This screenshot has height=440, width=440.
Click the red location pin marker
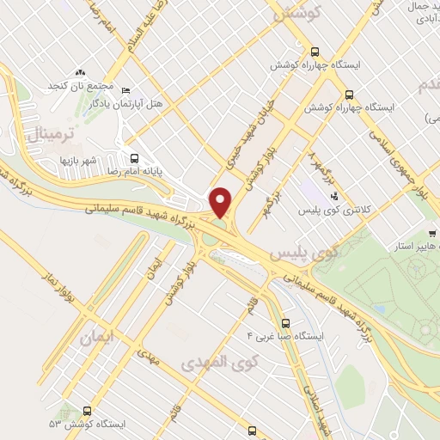(x=221, y=203)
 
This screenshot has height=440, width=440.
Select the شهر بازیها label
(x=65, y=160)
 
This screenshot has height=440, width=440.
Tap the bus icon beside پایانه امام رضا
(x=133, y=158)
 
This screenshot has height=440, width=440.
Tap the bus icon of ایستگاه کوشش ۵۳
(x=87, y=411)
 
